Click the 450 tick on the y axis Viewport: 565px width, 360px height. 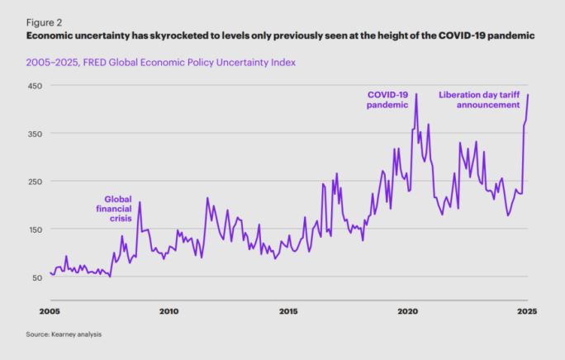pos(36,85)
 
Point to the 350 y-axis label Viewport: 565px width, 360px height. pos(36,133)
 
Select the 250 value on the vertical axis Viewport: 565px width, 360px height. pos(36,181)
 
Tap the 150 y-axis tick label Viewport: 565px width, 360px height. pos(36,229)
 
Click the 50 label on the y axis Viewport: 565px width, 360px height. pos(38,277)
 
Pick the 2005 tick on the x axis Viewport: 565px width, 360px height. pos(50,311)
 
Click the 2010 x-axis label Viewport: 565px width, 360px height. pos(169,311)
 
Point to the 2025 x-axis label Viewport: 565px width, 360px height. pos(528,311)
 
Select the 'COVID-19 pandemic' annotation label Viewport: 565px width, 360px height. pos(389,100)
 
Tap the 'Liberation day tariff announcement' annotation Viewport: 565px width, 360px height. pos(479,100)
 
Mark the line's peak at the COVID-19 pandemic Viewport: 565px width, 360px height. pos(416,94)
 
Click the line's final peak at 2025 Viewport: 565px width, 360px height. pos(528,95)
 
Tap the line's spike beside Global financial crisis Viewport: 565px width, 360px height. pos(140,202)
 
